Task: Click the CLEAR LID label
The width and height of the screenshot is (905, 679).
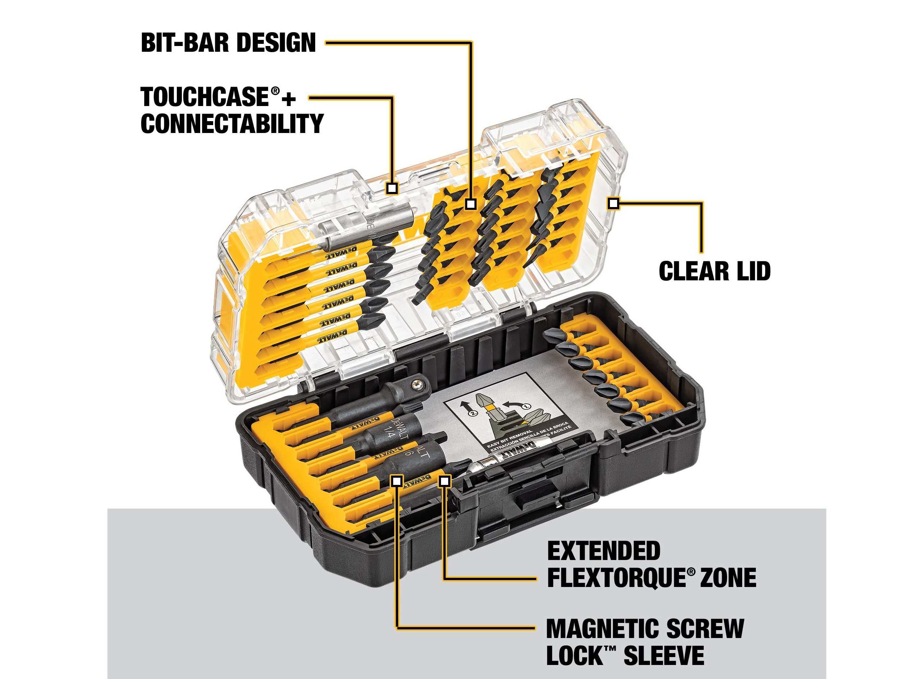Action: [x=715, y=271]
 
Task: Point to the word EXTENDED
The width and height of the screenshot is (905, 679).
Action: [x=603, y=551]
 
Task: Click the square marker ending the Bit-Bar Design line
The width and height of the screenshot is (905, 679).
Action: [x=471, y=204]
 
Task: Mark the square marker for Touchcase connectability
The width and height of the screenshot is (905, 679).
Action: [x=392, y=188]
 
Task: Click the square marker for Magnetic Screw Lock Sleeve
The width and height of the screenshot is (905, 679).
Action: [x=396, y=481]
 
